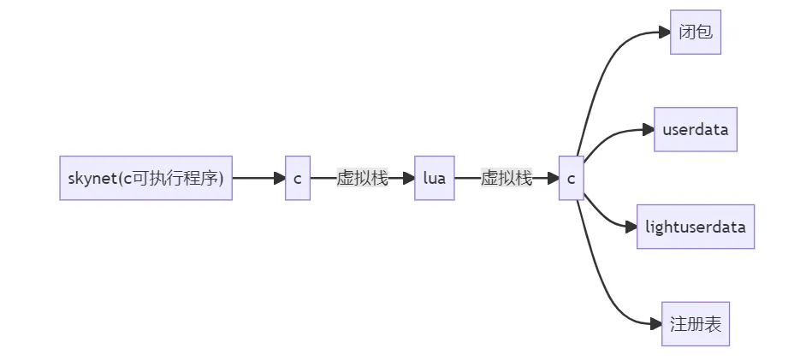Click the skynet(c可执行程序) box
145,179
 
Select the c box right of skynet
297,179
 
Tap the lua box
434,179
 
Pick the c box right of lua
571,179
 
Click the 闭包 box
696,33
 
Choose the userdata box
695,130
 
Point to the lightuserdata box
695,227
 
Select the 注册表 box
695,324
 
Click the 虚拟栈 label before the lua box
362,179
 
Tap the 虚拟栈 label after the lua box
507,179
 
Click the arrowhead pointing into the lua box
408,179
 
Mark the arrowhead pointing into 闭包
664,32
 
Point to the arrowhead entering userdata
648,130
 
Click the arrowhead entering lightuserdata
631,227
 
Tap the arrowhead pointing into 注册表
655,324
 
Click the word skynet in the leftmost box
89,179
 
